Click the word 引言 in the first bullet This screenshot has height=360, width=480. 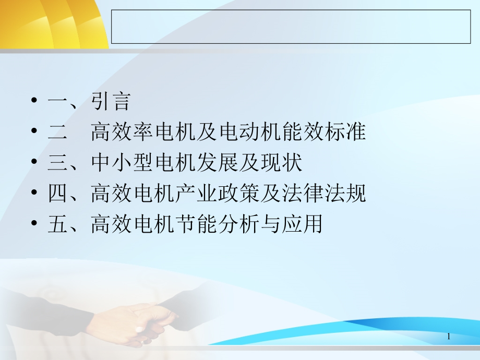(x=111, y=101)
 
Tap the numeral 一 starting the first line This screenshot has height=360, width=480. (x=57, y=101)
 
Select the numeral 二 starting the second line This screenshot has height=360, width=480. (x=57, y=132)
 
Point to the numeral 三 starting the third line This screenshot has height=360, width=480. (x=57, y=163)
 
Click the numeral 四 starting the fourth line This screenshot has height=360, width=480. (x=57, y=193)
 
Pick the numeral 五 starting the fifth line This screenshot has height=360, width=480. (x=57, y=224)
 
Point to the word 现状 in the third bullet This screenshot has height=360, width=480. (x=282, y=162)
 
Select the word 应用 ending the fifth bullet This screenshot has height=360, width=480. (x=303, y=223)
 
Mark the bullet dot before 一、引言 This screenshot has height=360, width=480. (x=34, y=100)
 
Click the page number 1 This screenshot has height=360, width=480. (x=449, y=337)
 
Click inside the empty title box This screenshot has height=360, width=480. (x=291, y=27)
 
